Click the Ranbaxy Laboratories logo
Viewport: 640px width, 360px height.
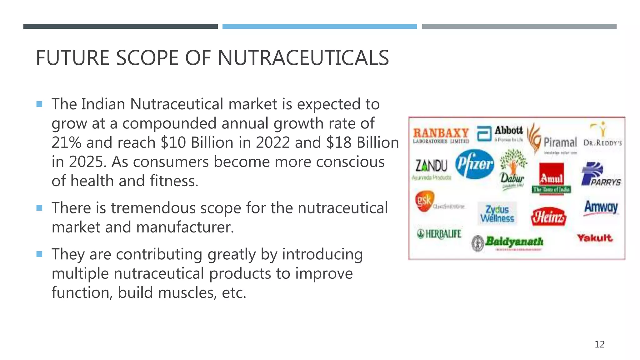(441, 135)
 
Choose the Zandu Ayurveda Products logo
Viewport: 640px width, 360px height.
(431, 169)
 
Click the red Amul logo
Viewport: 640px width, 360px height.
(552, 178)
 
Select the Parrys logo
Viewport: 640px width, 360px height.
(600, 174)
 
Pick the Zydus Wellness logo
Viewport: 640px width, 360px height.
(497, 213)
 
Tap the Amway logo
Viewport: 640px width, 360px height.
(601, 207)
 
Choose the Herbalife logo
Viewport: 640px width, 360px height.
(439, 233)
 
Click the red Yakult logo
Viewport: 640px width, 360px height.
(594, 238)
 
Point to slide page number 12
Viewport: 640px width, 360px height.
(599, 344)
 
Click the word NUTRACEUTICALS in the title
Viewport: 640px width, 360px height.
(303, 58)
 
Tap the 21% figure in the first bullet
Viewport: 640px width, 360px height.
(67, 143)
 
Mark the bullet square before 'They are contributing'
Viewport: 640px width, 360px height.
(39, 254)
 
